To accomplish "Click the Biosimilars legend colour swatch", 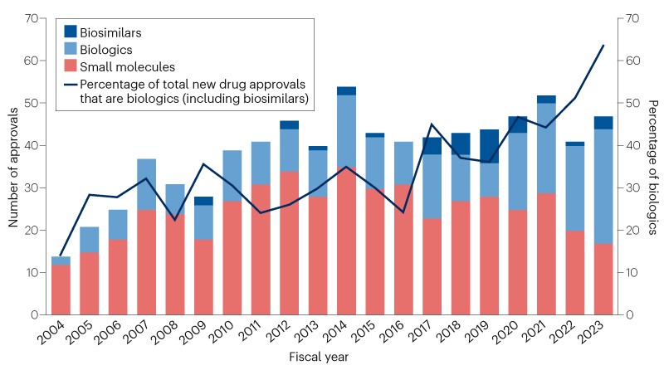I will click(71, 33).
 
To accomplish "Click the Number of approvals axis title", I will click(14, 167).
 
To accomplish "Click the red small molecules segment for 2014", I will click(347, 241).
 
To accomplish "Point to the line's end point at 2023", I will click(603, 46).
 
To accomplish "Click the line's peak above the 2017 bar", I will click(432, 124).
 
